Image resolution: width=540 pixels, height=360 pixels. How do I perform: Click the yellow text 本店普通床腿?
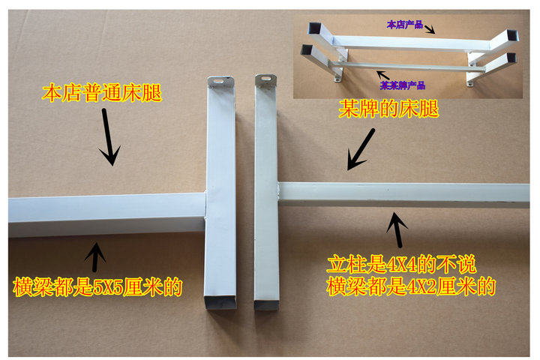[x=102, y=93]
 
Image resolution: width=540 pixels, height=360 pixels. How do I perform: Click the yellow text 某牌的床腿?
[x=388, y=109]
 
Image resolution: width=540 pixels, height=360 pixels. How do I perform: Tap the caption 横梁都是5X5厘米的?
[x=97, y=287]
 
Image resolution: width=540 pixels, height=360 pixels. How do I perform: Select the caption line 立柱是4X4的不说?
[x=401, y=265]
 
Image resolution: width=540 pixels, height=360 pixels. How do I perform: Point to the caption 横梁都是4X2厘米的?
[x=411, y=286]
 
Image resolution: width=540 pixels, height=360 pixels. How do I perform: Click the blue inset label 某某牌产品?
[x=403, y=85]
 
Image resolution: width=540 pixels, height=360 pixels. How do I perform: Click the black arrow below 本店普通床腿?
[x=109, y=137]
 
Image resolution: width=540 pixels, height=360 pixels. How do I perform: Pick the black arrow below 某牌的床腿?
[x=361, y=149]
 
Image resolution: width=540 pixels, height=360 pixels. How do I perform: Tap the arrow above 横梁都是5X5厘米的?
[x=94, y=257]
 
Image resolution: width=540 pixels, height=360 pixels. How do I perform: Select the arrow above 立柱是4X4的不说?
[x=397, y=229]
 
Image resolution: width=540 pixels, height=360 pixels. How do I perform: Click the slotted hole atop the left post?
[x=218, y=81]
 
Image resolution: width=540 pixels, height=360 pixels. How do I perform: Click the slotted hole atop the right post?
[x=266, y=79]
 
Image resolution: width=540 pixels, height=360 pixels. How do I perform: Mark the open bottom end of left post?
[x=220, y=302]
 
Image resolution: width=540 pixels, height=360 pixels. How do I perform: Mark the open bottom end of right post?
[x=266, y=305]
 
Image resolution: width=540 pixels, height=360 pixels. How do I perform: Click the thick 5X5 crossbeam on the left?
[x=106, y=215]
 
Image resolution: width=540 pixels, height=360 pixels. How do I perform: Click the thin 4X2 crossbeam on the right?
[x=403, y=195]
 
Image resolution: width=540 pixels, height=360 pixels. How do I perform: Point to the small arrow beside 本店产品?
[x=430, y=29]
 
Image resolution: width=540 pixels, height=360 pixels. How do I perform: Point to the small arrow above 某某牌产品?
[x=382, y=76]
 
